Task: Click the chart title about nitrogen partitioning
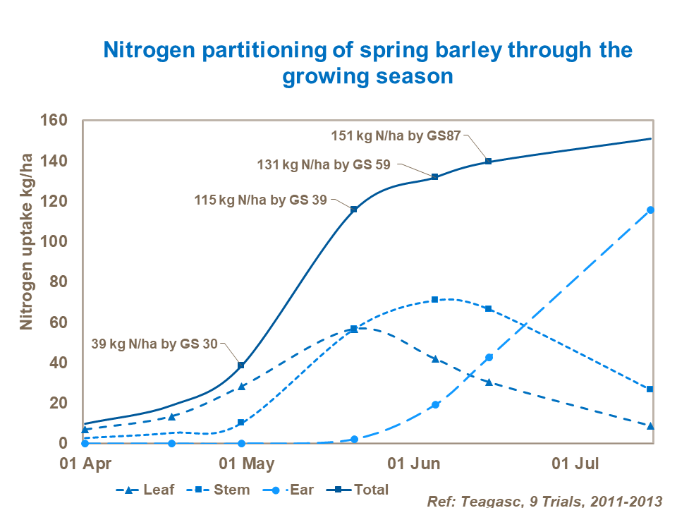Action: pos(367,63)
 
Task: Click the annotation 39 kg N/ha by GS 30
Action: pos(155,344)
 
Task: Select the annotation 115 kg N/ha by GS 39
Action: pos(260,200)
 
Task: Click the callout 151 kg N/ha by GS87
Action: pos(396,135)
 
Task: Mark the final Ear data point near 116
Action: pos(650,210)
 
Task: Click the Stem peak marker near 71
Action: pos(434,300)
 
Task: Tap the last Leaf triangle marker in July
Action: pos(650,425)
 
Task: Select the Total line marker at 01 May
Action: pos(241,365)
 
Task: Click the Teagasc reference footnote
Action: pos(544,500)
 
